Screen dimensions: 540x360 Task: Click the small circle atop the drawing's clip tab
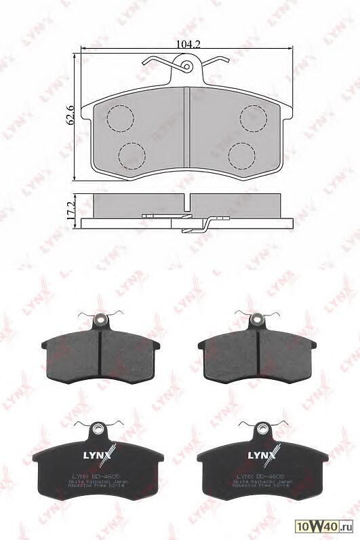(x=187, y=66)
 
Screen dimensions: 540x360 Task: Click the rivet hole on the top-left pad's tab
(x=100, y=320)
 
